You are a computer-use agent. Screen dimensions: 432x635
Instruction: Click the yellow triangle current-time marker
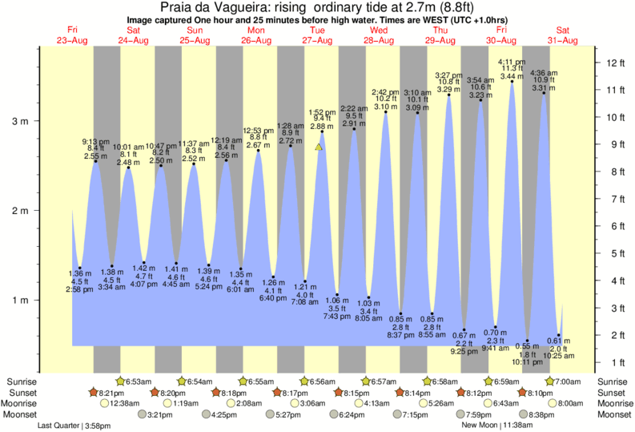click(319, 147)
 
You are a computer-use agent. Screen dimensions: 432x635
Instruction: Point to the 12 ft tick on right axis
click(611, 63)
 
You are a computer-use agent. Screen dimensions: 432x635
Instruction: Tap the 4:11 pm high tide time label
click(512, 62)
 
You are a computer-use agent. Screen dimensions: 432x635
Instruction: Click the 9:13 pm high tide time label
click(96, 141)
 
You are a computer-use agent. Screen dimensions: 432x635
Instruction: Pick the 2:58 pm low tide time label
click(80, 289)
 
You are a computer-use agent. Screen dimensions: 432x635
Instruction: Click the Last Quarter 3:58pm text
click(75, 426)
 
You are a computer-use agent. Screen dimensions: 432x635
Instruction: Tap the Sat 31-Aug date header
click(563, 34)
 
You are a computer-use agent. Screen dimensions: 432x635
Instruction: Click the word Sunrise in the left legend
click(21, 381)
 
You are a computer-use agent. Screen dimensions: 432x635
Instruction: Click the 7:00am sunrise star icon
click(549, 381)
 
